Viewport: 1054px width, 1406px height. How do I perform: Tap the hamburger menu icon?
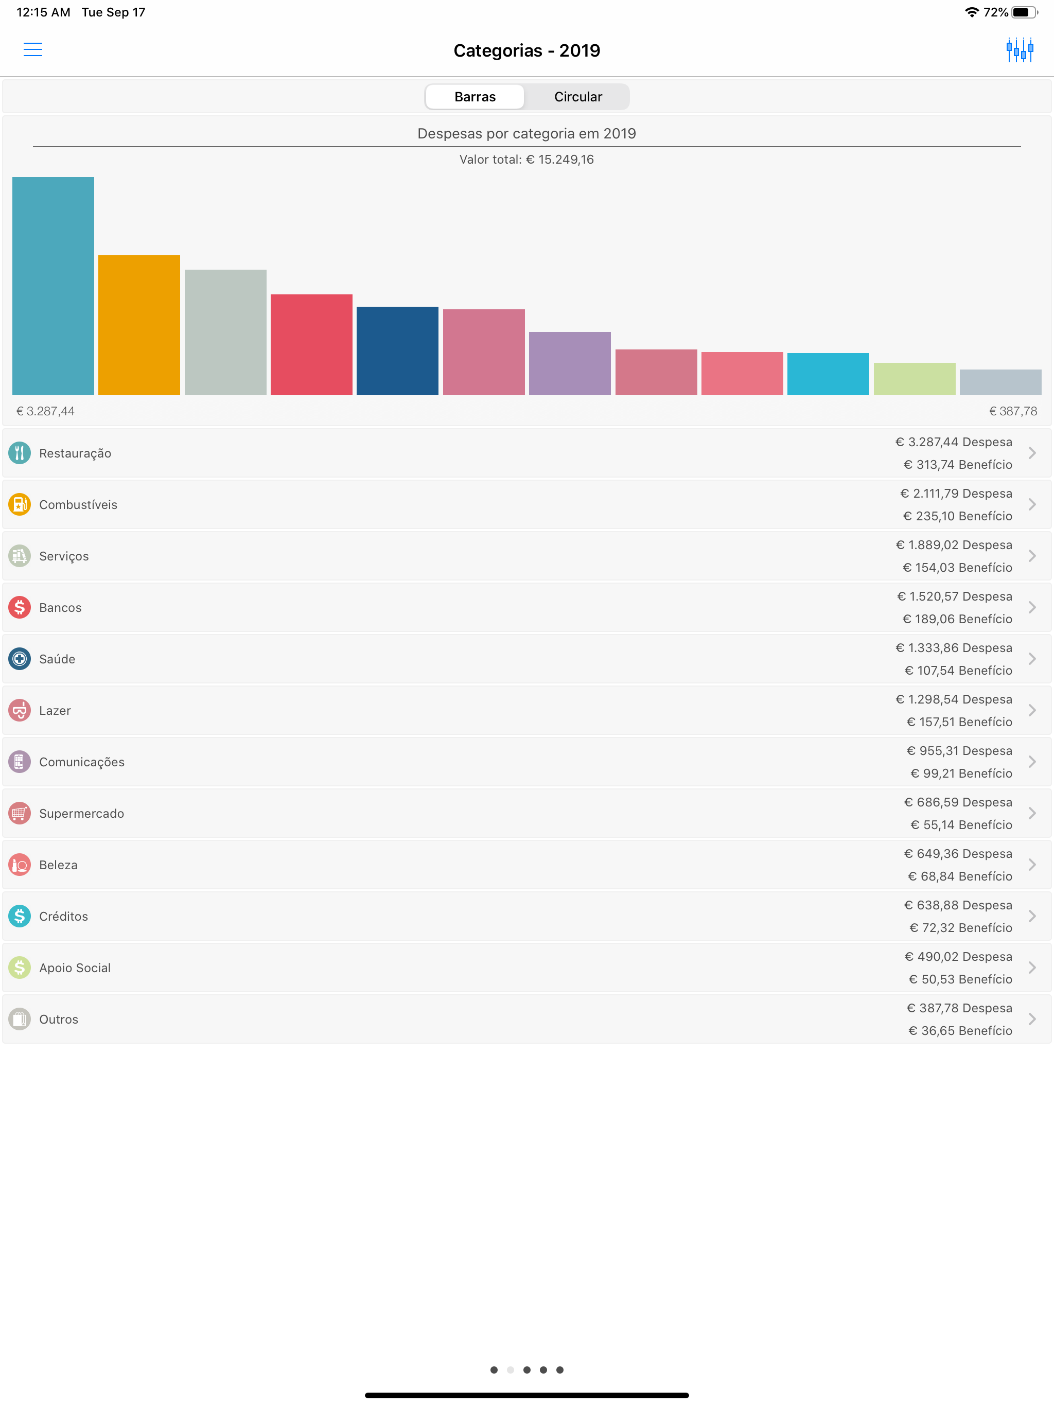(32, 49)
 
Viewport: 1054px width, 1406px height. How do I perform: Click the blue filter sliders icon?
(1019, 49)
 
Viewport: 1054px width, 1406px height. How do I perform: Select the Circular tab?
(577, 97)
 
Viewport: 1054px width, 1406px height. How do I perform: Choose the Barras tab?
(475, 97)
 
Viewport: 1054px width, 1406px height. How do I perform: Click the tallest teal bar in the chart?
(54, 286)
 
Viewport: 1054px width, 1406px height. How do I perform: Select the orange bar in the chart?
(139, 325)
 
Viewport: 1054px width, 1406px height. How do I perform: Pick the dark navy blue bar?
(397, 351)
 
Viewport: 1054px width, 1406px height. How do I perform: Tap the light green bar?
(914, 379)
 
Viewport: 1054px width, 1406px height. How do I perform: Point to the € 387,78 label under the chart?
(1013, 411)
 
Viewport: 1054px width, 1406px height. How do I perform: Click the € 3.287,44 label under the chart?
(46, 411)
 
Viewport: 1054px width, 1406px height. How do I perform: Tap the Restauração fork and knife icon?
(20, 453)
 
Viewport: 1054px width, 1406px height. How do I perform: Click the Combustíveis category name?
(78, 505)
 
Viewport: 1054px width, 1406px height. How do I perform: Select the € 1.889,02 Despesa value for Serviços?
(954, 544)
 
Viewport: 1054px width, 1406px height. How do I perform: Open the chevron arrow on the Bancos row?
(1032, 608)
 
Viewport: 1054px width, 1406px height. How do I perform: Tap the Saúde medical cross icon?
(20, 659)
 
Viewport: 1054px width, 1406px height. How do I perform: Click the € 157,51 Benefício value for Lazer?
(959, 722)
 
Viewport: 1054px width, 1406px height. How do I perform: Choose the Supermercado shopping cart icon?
(20, 814)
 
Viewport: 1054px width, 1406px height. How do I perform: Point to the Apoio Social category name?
(75, 968)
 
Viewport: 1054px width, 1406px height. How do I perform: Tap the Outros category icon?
(20, 1020)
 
